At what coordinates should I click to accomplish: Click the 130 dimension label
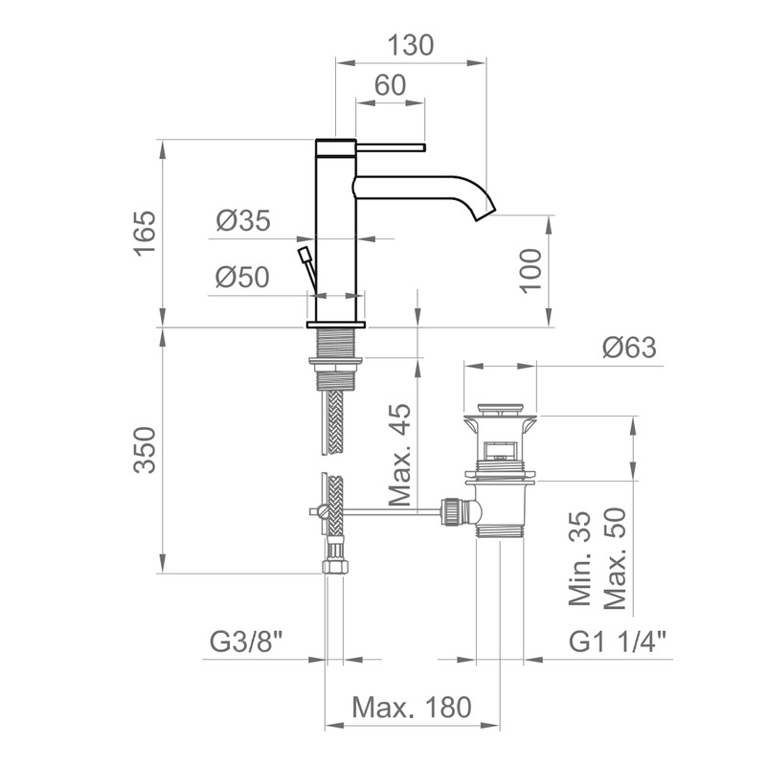411,45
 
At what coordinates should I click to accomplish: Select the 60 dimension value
391,85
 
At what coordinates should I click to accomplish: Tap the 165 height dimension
146,234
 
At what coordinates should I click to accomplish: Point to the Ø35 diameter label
243,220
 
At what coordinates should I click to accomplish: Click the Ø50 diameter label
242,277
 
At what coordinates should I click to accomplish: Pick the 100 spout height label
531,271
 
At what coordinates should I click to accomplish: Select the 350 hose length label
146,450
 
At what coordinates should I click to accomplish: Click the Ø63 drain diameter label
629,348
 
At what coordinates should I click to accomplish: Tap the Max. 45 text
401,454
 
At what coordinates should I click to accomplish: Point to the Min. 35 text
580,559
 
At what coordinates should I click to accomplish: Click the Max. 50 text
615,559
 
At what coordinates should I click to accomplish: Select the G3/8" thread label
246,642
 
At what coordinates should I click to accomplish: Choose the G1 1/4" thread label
618,642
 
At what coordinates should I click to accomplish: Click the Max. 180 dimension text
412,707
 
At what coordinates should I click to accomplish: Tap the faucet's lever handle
392,147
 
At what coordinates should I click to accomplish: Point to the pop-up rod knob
304,255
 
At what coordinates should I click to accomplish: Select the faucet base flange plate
336,325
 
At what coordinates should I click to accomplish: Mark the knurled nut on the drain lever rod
451,512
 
